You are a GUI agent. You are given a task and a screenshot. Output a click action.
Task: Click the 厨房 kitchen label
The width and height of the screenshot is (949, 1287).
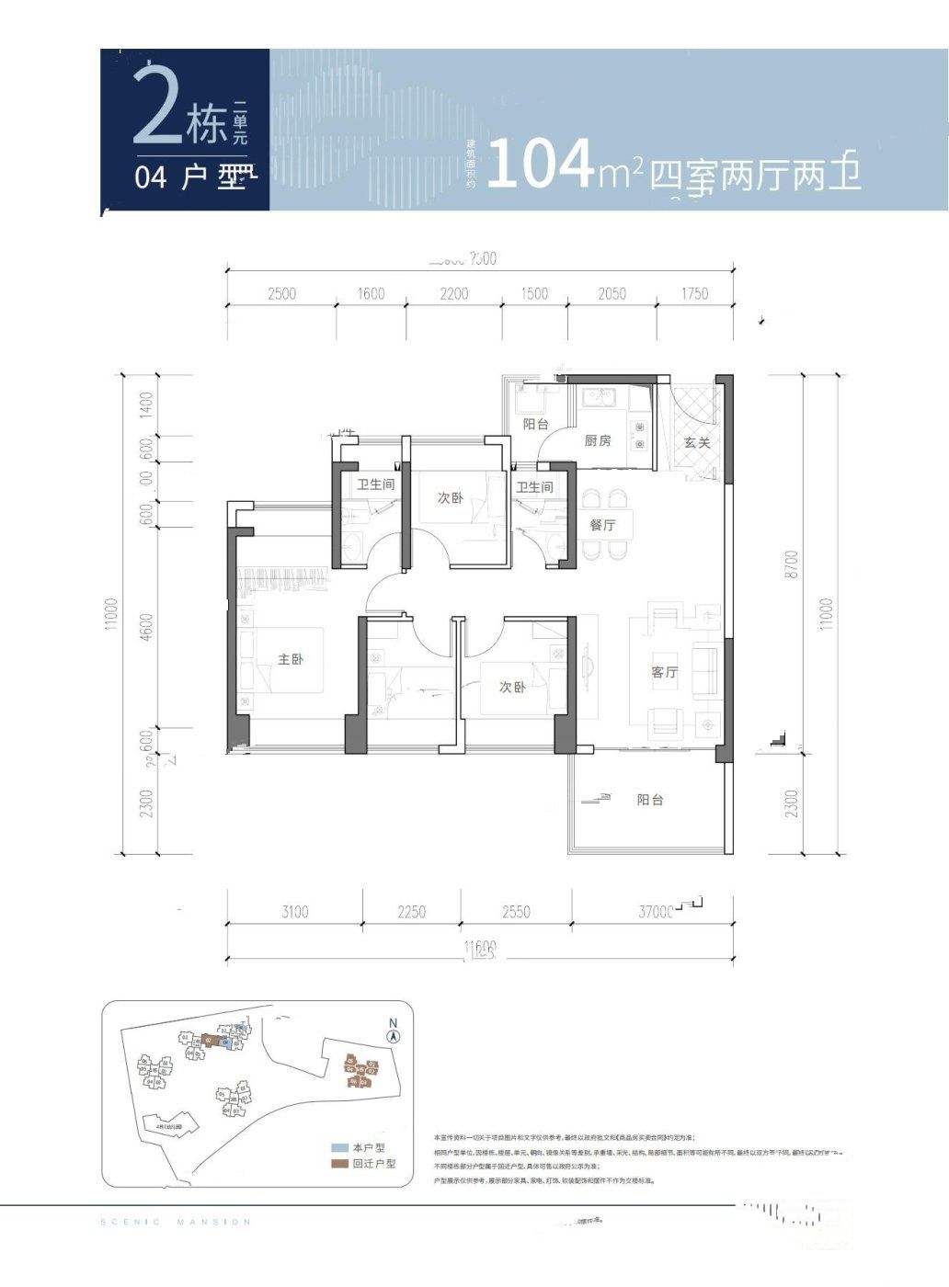click(x=598, y=441)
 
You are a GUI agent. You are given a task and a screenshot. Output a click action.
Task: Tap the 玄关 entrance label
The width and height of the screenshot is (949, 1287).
click(x=697, y=442)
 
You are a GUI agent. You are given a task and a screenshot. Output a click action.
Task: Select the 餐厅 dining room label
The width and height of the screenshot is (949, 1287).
click(x=602, y=525)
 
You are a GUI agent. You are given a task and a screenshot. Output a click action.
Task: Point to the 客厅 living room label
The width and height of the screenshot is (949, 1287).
click(x=664, y=673)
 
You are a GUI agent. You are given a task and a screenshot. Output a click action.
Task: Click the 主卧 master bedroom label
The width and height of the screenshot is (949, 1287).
click(x=291, y=659)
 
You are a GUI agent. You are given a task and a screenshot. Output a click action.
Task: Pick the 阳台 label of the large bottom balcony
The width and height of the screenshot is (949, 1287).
click(x=650, y=800)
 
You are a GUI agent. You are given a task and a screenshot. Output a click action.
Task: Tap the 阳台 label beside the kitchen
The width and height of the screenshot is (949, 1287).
click(x=535, y=425)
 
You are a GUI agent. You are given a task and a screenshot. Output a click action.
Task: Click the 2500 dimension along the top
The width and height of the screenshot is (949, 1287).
click(x=281, y=293)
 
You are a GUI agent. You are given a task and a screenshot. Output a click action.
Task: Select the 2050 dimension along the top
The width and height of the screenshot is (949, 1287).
click(x=612, y=293)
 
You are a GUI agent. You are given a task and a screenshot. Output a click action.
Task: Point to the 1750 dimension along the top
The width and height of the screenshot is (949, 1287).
click(x=695, y=293)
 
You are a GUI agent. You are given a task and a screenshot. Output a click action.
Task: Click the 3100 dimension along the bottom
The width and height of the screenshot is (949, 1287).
click(x=294, y=912)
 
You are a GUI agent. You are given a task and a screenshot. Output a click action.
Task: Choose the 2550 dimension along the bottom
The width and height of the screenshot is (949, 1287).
click(x=516, y=912)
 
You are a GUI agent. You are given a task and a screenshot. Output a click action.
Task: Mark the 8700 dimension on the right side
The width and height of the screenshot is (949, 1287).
click(x=793, y=564)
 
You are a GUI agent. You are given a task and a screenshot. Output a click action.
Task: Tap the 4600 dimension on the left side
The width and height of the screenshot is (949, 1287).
click(x=147, y=631)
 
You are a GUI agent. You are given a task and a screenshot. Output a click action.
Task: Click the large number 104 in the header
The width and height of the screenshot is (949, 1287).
click(x=540, y=165)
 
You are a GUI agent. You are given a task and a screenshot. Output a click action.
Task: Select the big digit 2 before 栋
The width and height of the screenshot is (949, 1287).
click(x=157, y=106)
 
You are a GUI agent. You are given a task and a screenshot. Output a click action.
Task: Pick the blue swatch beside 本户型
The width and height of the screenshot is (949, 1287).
click(x=339, y=1148)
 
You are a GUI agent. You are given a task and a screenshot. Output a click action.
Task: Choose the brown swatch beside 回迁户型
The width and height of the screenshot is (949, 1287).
click(x=339, y=1163)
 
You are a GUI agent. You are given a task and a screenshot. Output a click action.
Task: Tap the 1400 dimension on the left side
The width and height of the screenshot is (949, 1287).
click(x=146, y=405)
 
